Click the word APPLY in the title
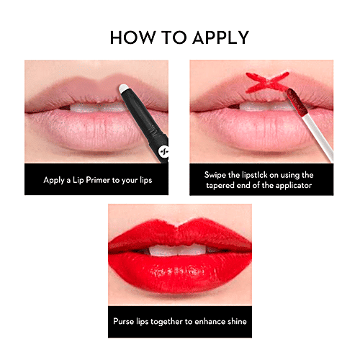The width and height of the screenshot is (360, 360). tap(223, 37)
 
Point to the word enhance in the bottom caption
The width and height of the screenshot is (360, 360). tap(206, 321)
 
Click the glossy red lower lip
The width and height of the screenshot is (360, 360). tap(180, 274)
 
